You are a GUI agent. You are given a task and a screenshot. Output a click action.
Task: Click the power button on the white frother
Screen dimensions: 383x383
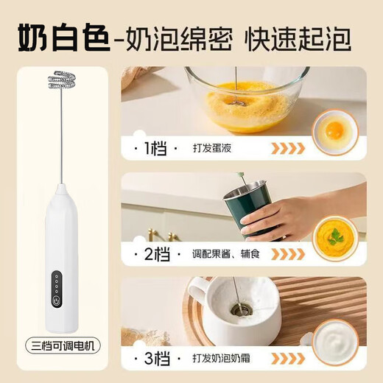click(55, 300)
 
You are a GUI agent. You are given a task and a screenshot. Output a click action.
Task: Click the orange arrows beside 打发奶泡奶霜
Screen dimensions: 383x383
click(289, 359)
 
